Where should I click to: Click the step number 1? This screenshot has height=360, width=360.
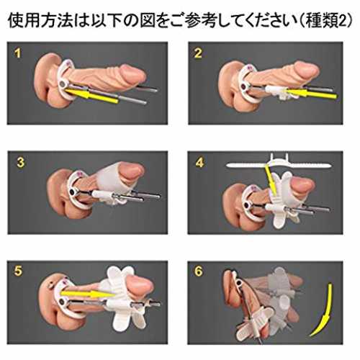click(x=17, y=53)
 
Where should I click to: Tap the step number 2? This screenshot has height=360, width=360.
click(x=198, y=53)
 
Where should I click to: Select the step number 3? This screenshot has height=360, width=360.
click(x=20, y=163)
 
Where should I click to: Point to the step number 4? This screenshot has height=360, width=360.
click(x=199, y=163)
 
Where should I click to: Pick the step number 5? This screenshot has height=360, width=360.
click(x=18, y=271)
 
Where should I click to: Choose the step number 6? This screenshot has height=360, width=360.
click(x=199, y=271)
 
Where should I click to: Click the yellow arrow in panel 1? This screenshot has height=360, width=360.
click(x=91, y=96)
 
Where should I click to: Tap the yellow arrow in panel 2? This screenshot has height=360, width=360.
click(x=311, y=93)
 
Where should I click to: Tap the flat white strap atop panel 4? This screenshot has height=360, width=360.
click(x=280, y=166)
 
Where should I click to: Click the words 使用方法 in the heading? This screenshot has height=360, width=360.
click(x=40, y=21)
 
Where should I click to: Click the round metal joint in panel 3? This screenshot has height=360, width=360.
click(x=72, y=192)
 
